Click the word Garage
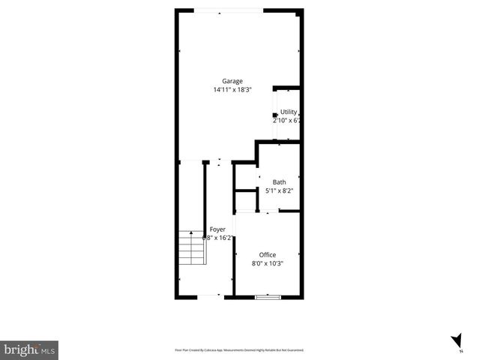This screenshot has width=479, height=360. click(x=232, y=81)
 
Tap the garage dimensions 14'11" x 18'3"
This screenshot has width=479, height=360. click(x=232, y=90)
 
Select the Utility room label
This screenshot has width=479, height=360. click(x=289, y=112)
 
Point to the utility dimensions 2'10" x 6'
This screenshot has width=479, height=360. click(x=287, y=120)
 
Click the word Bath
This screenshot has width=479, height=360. click(x=279, y=182)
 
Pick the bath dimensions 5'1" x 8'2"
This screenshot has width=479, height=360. click(x=279, y=190)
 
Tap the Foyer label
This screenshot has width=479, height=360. click(x=217, y=229)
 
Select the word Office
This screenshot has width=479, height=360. click(x=268, y=255)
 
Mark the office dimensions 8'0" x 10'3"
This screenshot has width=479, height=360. click(x=268, y=263)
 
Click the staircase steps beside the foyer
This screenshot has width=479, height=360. click(x=192, y=248)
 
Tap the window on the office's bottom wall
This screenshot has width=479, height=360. click(x=268, y=297)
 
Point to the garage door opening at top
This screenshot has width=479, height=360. click(x=228, y=10)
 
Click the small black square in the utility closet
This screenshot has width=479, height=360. click(x=275, y=115)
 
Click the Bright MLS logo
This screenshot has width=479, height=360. click(x=29, y=349)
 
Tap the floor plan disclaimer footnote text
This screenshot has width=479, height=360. click(x=239, y=349)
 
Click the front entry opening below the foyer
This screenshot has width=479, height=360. click(x=208, y=297)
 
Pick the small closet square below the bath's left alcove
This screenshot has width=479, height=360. click(x=246, y=201)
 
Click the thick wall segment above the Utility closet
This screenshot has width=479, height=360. click(x=286, y=88)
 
